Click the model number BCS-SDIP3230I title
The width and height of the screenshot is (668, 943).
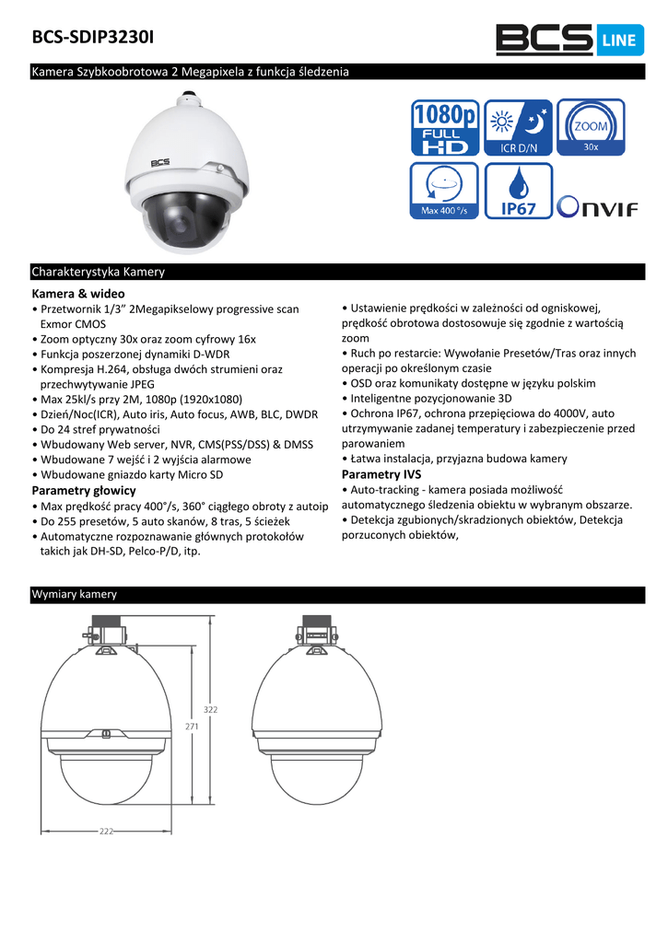(x=93, y=38)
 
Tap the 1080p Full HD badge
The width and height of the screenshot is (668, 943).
(x=444, y=128)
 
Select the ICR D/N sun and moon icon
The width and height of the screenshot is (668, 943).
(x=518, y=128)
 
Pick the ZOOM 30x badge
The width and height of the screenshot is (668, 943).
(x=591, y=128)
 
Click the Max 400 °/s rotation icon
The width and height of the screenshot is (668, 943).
(x=444, y=191)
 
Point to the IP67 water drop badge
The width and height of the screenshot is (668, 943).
(x=518, y=191)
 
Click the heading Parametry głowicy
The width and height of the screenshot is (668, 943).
(x=84, y=490)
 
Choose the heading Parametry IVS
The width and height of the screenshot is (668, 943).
(x=381, y=474)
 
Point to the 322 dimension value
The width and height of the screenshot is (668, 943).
(x=210, y=709)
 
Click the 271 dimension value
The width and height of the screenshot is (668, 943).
(x=192, y=727)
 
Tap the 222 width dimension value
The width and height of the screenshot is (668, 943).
(x=107, y=831)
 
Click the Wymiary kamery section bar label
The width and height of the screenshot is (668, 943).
(x=74, y=595)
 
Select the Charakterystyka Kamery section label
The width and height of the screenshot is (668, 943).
(x=98, y=272)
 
